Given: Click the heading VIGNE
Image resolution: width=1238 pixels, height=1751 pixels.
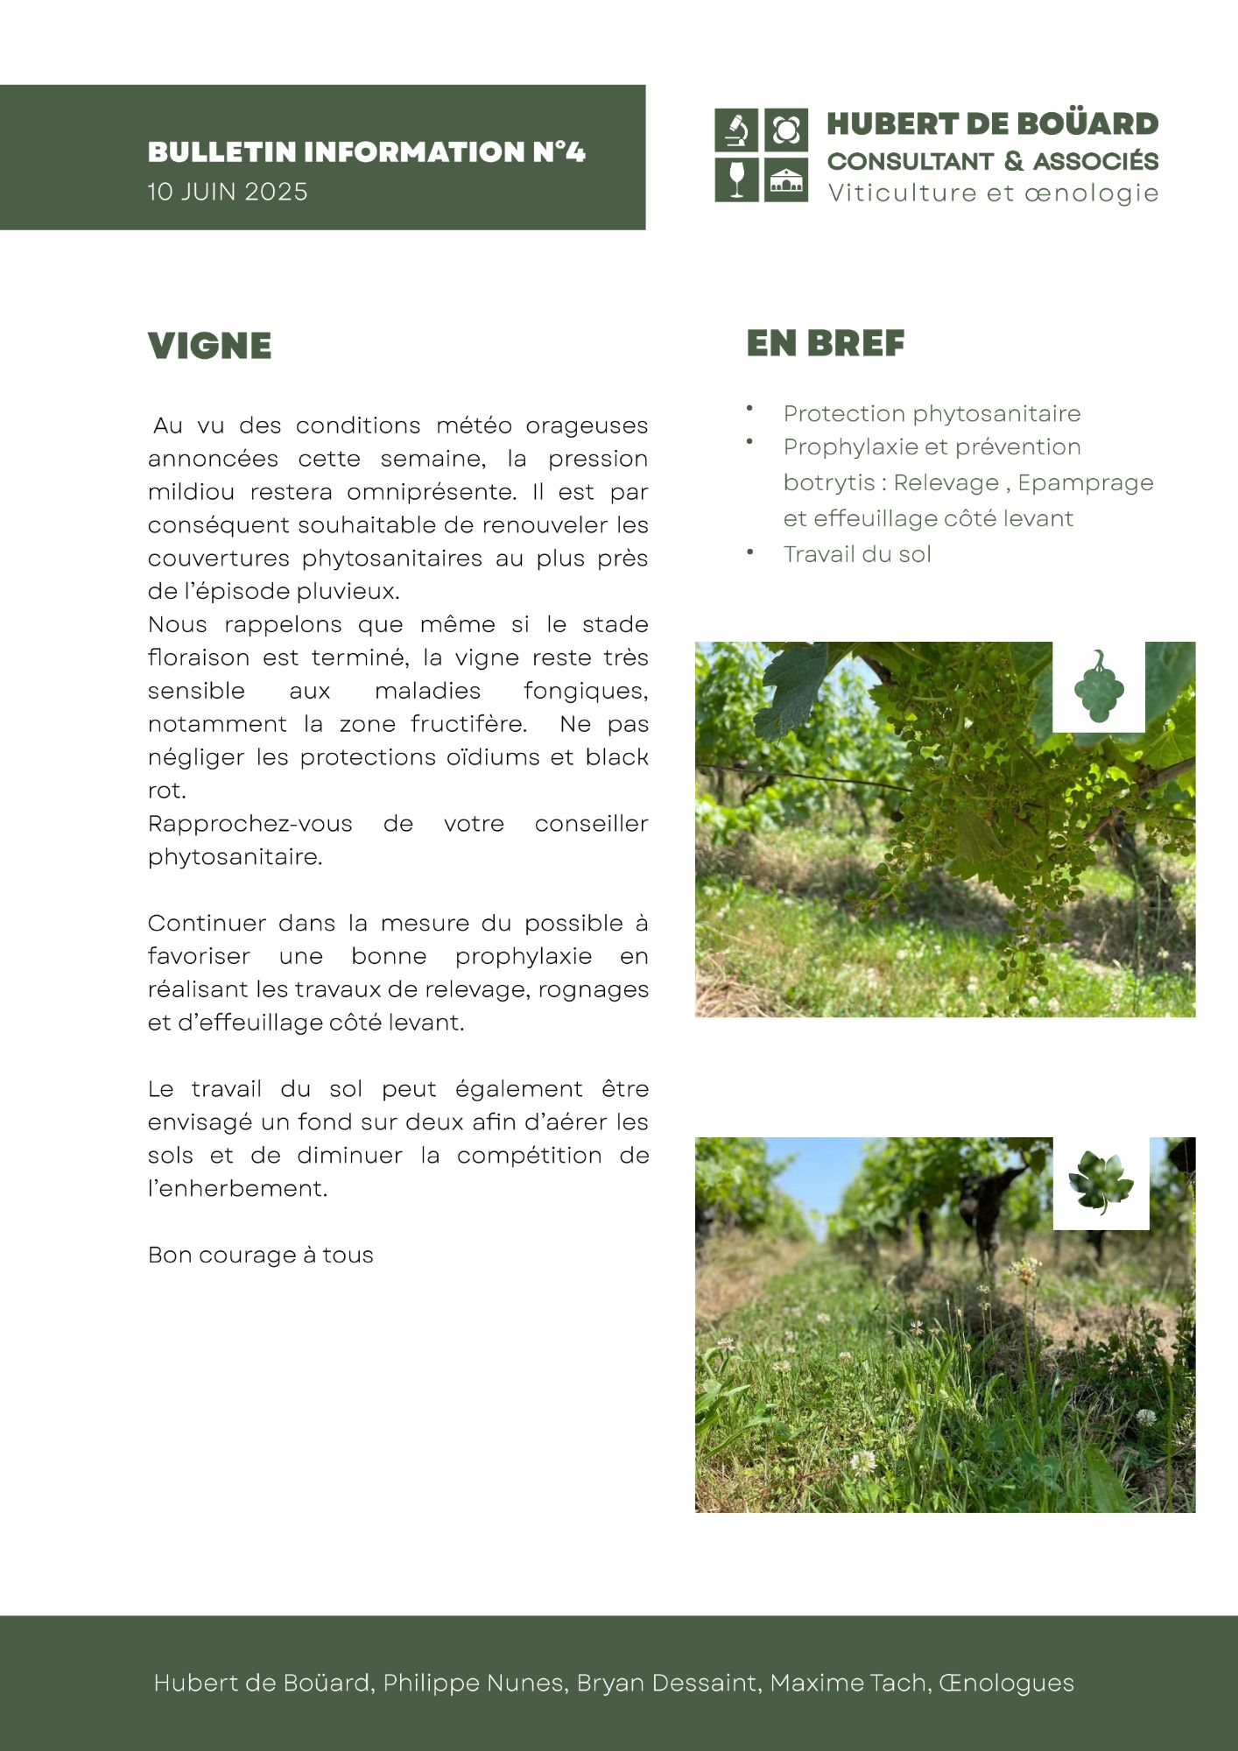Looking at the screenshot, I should (209, 346).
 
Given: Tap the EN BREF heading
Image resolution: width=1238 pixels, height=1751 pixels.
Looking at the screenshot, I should (825, 343).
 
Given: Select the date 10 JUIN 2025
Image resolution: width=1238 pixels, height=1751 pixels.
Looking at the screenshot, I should (228, 192).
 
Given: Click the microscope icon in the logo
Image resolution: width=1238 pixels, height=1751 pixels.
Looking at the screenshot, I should (737, 130).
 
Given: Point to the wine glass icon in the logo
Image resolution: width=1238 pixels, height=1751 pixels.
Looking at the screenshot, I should (737, 179).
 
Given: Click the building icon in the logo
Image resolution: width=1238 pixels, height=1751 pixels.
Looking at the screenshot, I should (786, 180).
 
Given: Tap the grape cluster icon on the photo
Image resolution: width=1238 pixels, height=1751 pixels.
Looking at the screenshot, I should (1099, 686).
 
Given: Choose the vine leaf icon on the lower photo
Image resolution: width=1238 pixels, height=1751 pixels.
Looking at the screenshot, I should (1101, 1183).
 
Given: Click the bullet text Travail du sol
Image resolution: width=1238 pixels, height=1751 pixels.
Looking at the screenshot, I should (857, 554).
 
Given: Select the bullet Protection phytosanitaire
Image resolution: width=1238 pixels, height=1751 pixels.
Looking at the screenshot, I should (932, 413).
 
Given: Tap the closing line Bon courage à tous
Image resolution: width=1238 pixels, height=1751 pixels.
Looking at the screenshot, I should (260, 1255).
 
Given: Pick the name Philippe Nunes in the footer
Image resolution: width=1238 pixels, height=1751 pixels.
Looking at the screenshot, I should (474, 1683).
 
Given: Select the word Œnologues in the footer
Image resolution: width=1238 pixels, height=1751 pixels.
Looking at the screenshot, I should (1006, 1683).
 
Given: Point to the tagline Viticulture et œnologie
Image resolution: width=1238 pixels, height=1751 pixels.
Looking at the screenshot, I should (993, 193).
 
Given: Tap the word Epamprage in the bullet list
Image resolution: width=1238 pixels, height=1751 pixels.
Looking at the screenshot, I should (1085, 482).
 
